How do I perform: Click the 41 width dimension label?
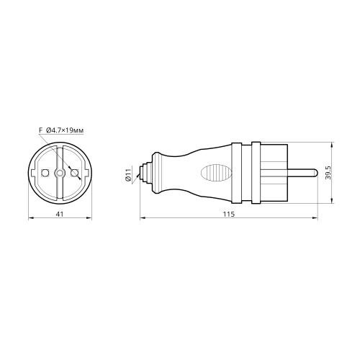59,214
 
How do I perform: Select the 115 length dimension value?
229,214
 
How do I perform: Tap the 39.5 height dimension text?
328,173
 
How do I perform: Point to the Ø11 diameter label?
127,175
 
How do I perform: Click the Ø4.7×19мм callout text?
65,130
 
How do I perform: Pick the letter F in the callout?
40,130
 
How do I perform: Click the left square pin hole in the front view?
45,173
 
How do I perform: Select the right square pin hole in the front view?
74,173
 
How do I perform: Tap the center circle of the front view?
60,173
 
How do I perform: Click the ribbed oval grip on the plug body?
216,173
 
